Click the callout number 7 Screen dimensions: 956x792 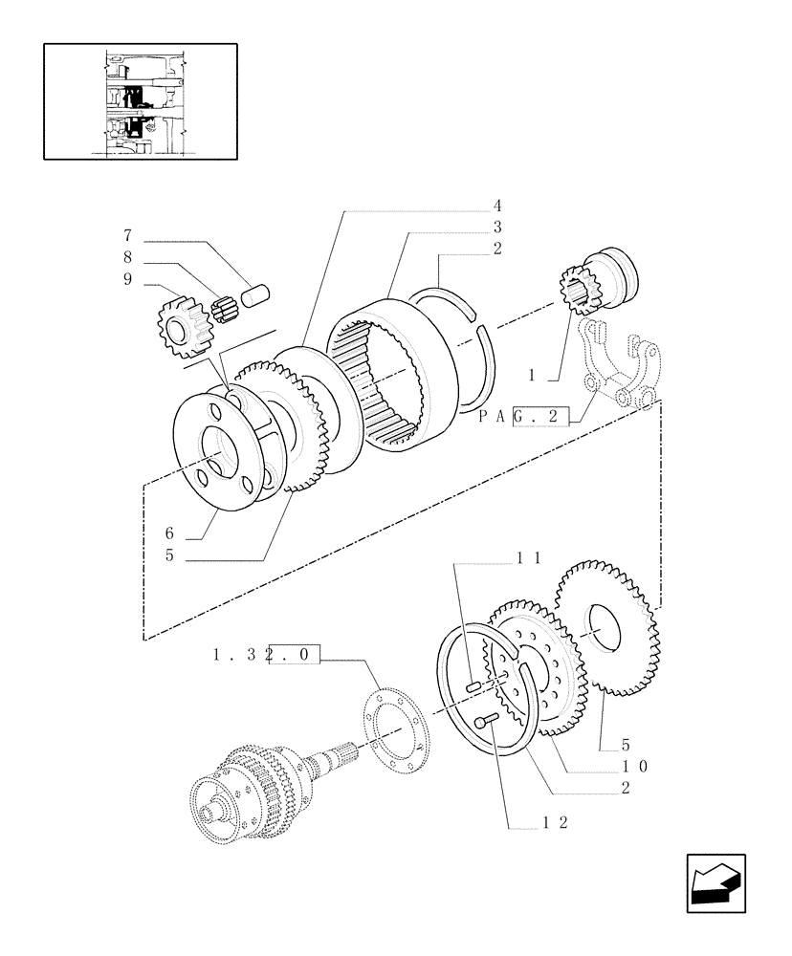point(127,235)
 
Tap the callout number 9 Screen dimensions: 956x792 point(127,279)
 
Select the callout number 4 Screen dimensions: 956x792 point(497,206)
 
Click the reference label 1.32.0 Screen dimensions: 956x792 point(267,657)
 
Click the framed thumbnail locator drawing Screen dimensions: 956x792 point(140,100)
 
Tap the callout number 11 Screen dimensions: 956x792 point(530,558)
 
